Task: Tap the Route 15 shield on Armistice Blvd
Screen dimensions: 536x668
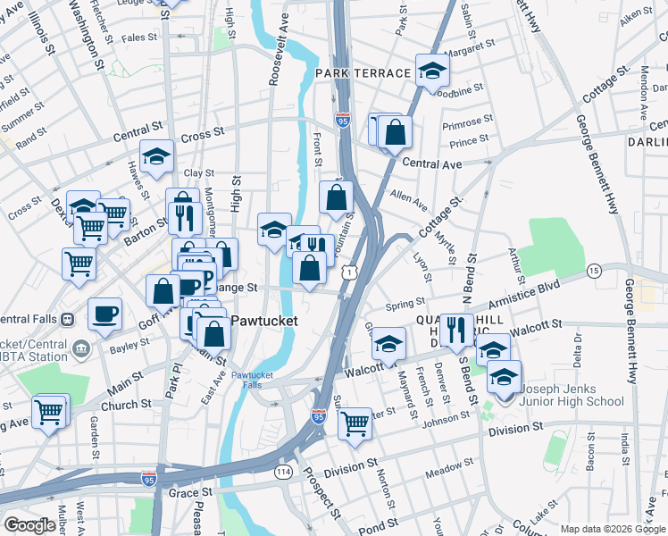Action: click(x=594, y=270)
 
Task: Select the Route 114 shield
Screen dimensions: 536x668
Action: click(x=284, y=471)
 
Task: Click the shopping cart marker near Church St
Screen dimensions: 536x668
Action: click(x=50, y=411)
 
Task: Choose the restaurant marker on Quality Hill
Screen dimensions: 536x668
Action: click(x=456, y=330)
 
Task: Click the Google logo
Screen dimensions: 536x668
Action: click(x=29, y=525)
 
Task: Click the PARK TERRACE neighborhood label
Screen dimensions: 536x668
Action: click(x=363, y=71)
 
